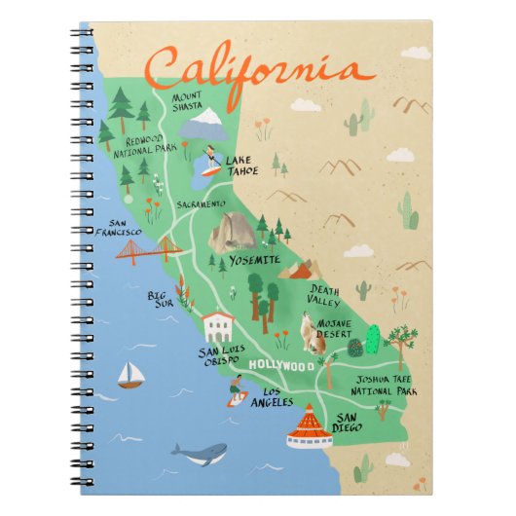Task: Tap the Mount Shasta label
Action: pyautogui.click(x=189, y=101)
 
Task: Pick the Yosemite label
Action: pyautogui.click(x=253, y=260)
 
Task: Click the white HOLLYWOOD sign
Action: pyautogui.click(x=281, y=365)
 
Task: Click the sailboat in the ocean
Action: pyautogui.click(x=129, y=376)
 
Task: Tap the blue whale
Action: pyautogui.click(x=200, y=453)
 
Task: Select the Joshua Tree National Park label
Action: pyautogui.click(x=387, y=387)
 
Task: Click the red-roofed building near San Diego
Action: pyautogui.click(x=308, y=426)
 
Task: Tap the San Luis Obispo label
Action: pyautogui.click(x=220, y=356)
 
